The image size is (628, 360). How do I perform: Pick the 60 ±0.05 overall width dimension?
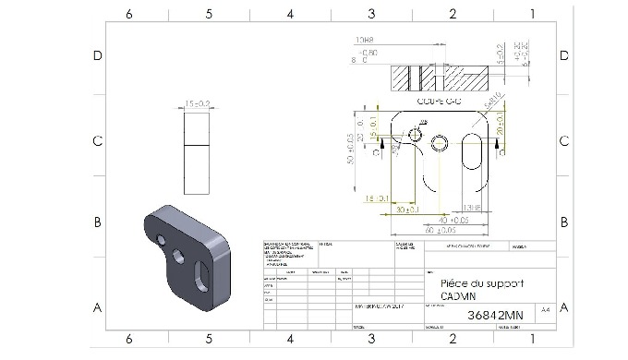445,229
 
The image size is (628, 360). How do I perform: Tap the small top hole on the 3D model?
163,239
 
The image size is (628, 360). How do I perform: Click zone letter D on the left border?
97,55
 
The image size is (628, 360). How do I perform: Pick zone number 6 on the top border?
129,14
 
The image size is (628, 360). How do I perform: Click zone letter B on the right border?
564,222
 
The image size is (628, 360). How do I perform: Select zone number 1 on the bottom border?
533,340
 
